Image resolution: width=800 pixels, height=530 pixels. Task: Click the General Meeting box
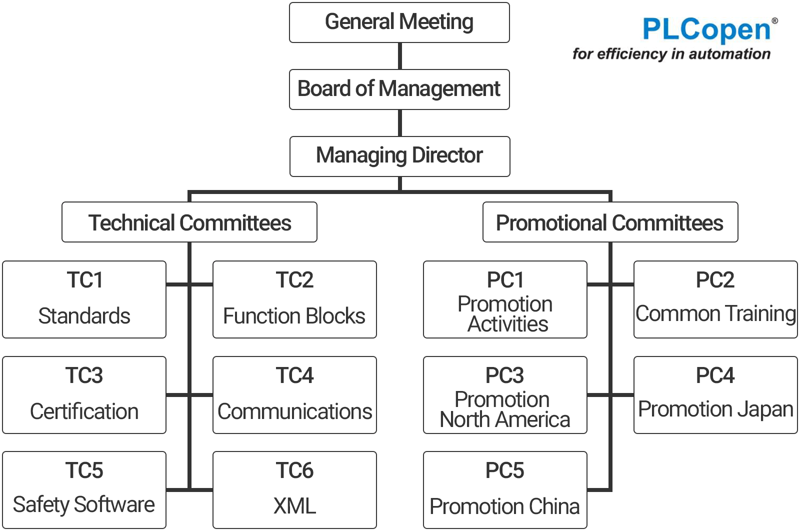tap(399, 22)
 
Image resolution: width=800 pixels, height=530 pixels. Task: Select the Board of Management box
tap(399, 89)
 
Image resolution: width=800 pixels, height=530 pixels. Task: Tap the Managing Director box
tap(399, 156)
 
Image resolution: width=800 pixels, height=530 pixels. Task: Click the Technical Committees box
tap(189, 222)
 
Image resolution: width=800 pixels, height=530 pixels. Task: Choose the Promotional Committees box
tap(610, 222)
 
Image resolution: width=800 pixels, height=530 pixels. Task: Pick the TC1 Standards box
tap(84, 299)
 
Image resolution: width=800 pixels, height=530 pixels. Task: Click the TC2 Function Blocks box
tap(294, 299)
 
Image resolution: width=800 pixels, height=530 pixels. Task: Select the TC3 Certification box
tap(84, 395)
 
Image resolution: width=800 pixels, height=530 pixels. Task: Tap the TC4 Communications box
tap(294, 395)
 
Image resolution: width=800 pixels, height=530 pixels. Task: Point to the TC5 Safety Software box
tap(84, 490)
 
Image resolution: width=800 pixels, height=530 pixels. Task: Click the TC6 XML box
tap(294, 490)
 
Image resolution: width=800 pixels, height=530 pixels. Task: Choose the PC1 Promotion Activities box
tap(505, 299)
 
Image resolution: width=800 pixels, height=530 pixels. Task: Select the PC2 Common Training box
tap(715, 299)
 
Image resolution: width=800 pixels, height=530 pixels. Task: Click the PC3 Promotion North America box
tap(505, 395)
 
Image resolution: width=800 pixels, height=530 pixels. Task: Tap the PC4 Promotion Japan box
tap(715, 395)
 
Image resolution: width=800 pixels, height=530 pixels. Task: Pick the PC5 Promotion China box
tap(505, 490)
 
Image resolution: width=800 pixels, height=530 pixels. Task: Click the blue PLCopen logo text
tap(706, 30)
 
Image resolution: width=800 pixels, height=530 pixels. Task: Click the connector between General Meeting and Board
tap(399, 56)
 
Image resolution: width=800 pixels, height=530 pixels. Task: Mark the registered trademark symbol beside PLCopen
tap(774, 20)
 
